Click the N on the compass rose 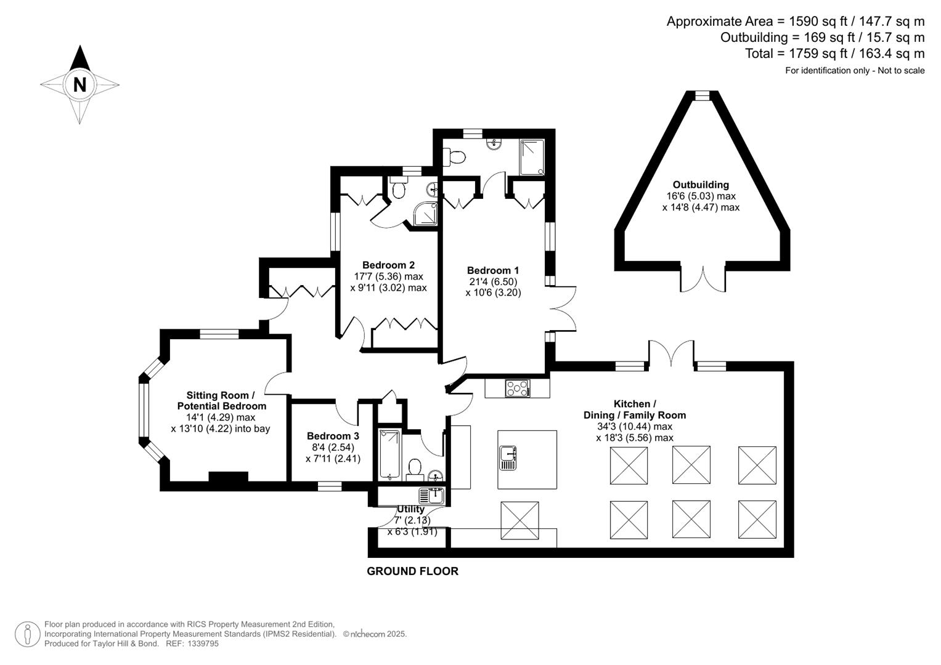(79, 84)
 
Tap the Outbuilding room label (701, 185)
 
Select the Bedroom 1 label (493, 270)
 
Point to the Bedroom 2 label (388, 265)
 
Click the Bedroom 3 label (333, 436)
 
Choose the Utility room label (411, 509)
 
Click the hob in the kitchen (518, 388)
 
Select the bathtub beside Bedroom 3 (389, 455)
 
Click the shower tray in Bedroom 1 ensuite (532, 158)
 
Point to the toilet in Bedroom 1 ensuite (455, 158)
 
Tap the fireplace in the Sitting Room (228, 477)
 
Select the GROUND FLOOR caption (412, 571)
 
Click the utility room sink (431, 495)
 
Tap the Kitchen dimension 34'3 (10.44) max (634, 427)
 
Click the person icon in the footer (28, 634)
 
